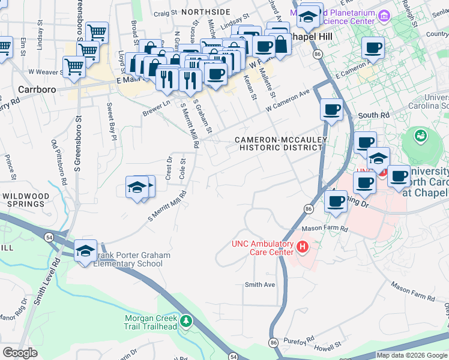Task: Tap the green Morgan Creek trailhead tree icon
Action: coord(186,322)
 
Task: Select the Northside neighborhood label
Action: coord(206,11)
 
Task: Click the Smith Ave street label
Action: coord(259,284)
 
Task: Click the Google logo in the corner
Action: coord(20,353)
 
